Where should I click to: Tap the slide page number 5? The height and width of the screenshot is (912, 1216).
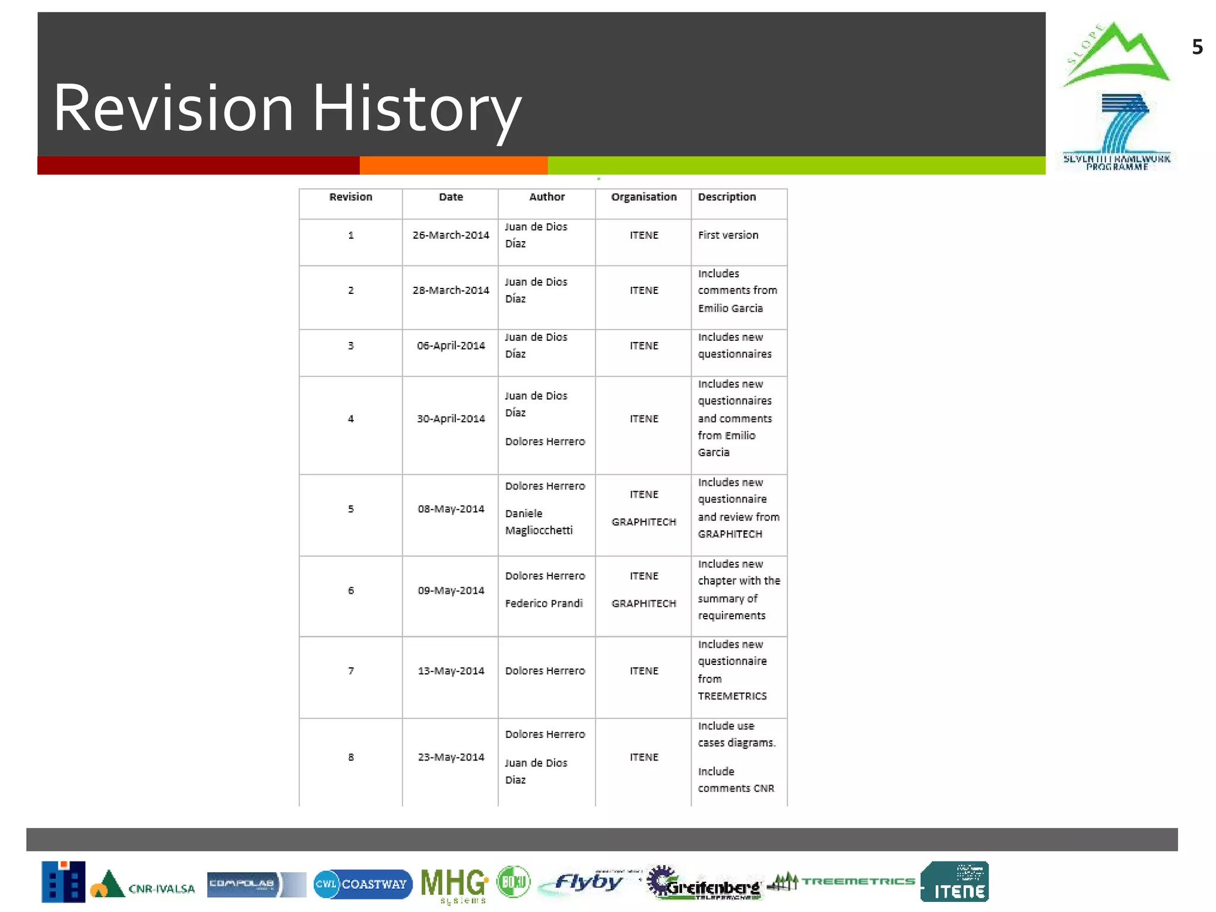click(1197, 47)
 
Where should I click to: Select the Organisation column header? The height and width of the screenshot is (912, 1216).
click(644, 197)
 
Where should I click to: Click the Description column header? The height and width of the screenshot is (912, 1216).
click(727, 197)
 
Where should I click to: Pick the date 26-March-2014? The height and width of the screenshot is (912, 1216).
click(451, 235)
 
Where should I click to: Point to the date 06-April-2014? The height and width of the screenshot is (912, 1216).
click(451, 346)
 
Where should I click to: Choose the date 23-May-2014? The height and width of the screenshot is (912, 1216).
click(451, 757)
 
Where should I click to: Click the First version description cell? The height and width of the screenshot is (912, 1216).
click(728, 235)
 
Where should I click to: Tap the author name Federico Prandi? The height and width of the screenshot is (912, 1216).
click(544, 603)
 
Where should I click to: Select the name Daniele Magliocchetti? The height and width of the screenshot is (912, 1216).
click(539, 522)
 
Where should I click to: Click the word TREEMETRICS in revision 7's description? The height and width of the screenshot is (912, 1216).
click(732, 696)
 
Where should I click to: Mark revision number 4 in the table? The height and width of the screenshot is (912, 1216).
click(351, 419)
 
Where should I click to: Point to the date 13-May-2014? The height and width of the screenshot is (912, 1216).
click(451, 671)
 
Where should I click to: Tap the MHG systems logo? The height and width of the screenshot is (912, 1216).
click(454, 885)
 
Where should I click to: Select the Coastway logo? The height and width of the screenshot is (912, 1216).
click(363, 884)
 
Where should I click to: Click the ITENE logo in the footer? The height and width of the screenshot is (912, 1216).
click(954, 882)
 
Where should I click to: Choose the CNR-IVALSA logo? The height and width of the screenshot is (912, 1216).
click(142, 885)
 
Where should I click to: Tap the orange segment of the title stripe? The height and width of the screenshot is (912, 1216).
click(454, 166)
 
